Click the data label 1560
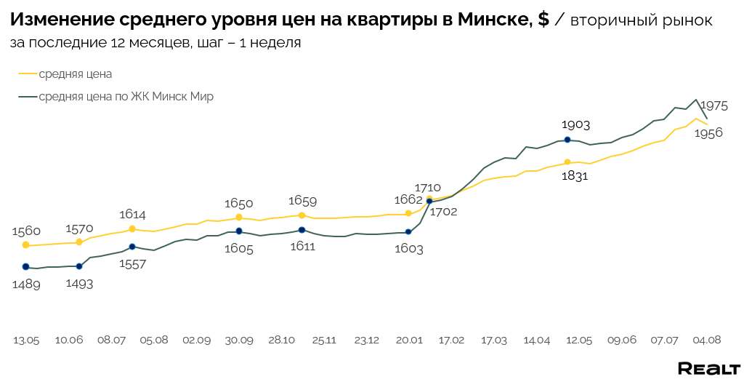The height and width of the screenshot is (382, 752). (26, 231)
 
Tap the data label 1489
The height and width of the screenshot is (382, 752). (26, 284)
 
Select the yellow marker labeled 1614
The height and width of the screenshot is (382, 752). (132, 229)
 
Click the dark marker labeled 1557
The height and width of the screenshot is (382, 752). (132, 247)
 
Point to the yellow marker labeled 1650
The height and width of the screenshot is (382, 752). (239, 217)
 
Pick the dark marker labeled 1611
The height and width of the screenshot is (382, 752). (302, 230)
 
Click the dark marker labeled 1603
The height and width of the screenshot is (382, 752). (408, 232)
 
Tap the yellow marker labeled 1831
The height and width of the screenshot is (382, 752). (567, 162)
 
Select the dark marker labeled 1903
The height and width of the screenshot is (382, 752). (567, 140)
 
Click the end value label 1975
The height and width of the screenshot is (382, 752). (713, 106)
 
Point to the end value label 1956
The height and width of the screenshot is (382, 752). (708, 133)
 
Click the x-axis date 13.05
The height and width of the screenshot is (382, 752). (26, 340)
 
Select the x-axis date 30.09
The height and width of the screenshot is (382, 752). (239, 340)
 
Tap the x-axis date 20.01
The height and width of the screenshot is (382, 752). (409, 340)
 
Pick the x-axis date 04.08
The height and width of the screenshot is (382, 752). (707, 340)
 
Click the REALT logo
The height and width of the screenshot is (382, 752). (708, 368)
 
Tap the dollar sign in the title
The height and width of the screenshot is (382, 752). (543, 20)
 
